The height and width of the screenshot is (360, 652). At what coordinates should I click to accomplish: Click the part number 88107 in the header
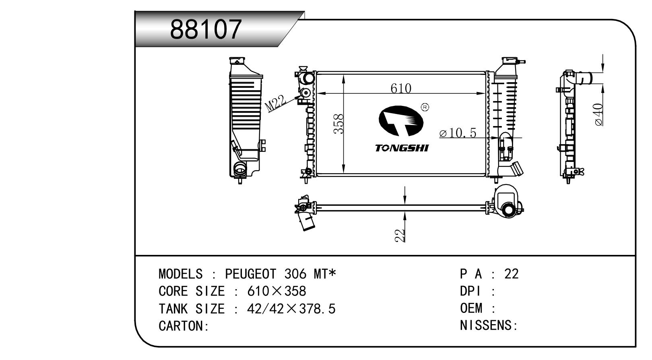[206, 29]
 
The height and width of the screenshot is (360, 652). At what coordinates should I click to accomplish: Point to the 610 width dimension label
[401, 88]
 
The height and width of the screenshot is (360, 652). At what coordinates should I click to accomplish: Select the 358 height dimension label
[338, 124]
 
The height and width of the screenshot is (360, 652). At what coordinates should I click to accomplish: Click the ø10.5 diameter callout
[458, 133]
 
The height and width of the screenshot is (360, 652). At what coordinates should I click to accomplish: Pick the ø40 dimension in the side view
[598, 114]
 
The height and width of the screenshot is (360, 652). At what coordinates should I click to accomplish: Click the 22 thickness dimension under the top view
[400, 235]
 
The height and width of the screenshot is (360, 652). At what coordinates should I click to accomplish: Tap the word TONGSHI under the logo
[402, 148]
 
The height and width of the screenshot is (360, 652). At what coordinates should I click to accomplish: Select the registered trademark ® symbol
[425, 107]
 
